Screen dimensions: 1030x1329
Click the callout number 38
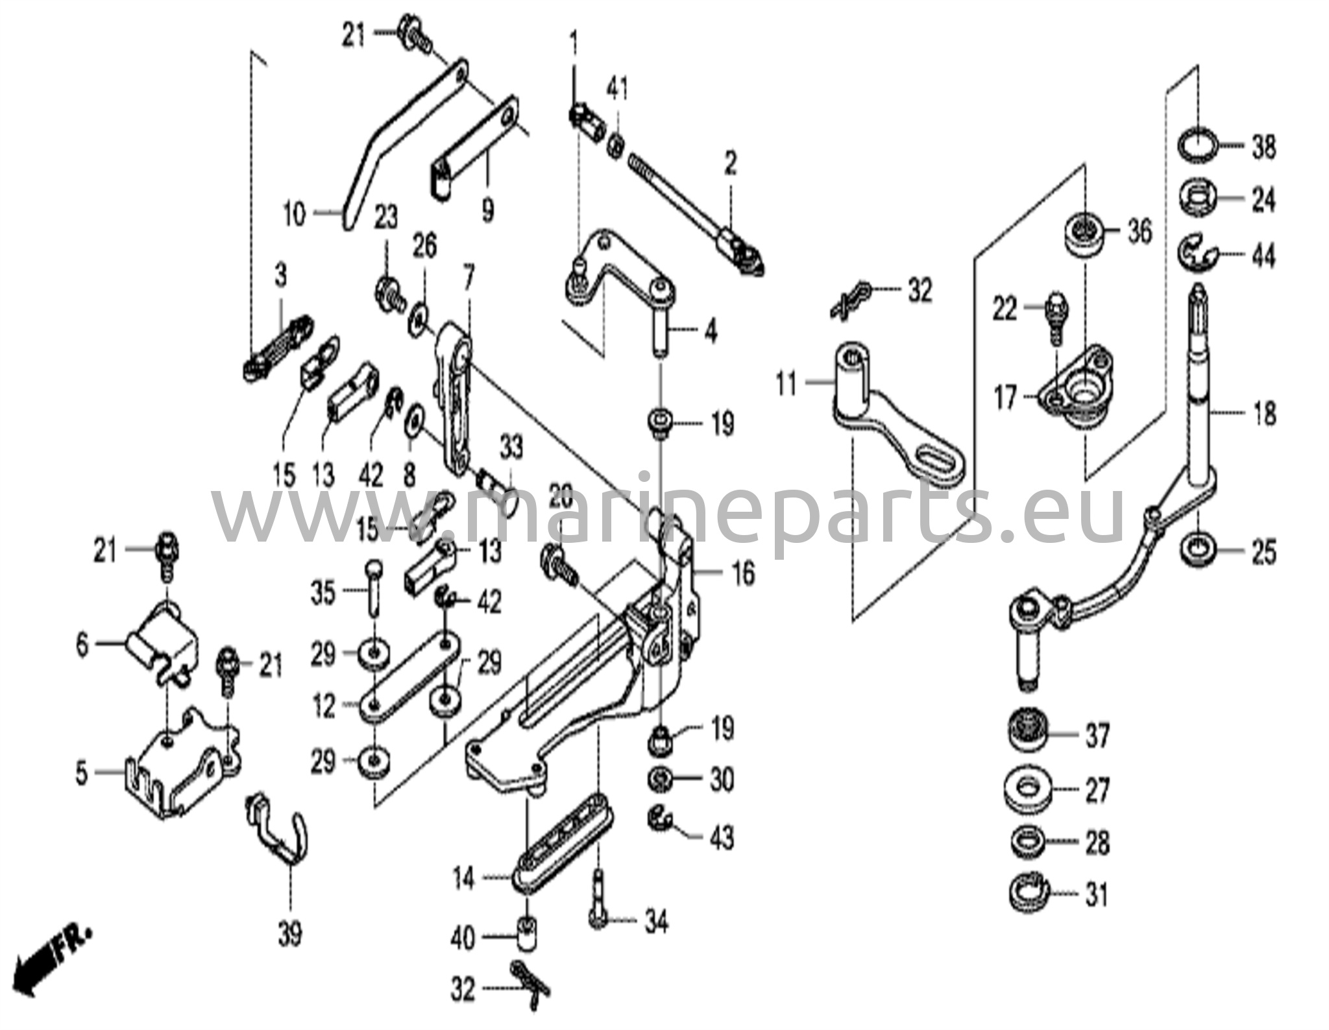1263,147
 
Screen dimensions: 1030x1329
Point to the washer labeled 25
1198,551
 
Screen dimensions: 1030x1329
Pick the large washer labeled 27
1028,789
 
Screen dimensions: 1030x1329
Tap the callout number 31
1096,896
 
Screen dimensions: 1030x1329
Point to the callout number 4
711,333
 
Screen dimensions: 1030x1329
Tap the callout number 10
294,213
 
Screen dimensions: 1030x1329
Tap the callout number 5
81,773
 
